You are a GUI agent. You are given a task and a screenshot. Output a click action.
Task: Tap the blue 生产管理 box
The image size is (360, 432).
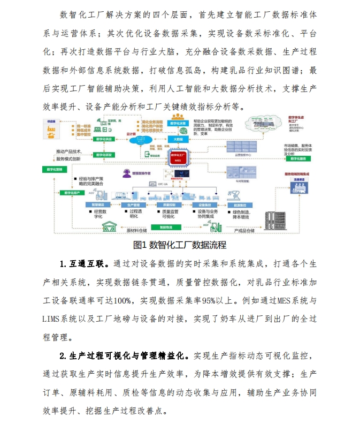(133, 205)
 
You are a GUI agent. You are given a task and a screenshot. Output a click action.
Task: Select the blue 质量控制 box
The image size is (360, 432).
(169, 205)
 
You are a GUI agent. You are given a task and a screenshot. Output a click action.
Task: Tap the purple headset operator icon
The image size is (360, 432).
(127, 173)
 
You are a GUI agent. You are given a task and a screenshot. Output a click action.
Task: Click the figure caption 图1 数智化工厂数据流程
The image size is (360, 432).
(180, 245)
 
